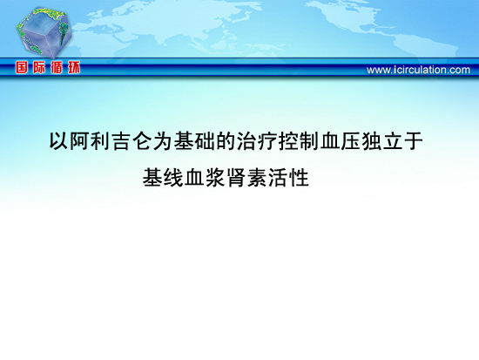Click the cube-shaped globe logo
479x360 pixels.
[44, 32]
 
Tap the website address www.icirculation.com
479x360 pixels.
[418, 70]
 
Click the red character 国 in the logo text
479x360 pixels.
[22, 67]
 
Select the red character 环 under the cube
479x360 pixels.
[74, 67]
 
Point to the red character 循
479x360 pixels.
[57, 67]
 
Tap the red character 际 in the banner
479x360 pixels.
[39, 67]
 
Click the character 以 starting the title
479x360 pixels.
[59, 140]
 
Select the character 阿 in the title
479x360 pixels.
[80, 140]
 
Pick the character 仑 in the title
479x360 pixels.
[142, 140]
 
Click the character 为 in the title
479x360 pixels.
[163, 140]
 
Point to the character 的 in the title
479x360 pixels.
[226, 140]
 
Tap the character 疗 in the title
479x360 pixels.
[267, 140]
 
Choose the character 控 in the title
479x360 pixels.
[287, 140]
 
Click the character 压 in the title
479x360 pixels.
[350, 140]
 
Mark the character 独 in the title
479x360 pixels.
[371, 140]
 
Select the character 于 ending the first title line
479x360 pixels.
[413, 140]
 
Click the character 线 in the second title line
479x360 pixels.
[173, 178]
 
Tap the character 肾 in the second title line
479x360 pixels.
[236, 178]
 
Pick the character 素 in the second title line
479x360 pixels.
[257, 178]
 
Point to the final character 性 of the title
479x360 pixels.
[299, 178]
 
